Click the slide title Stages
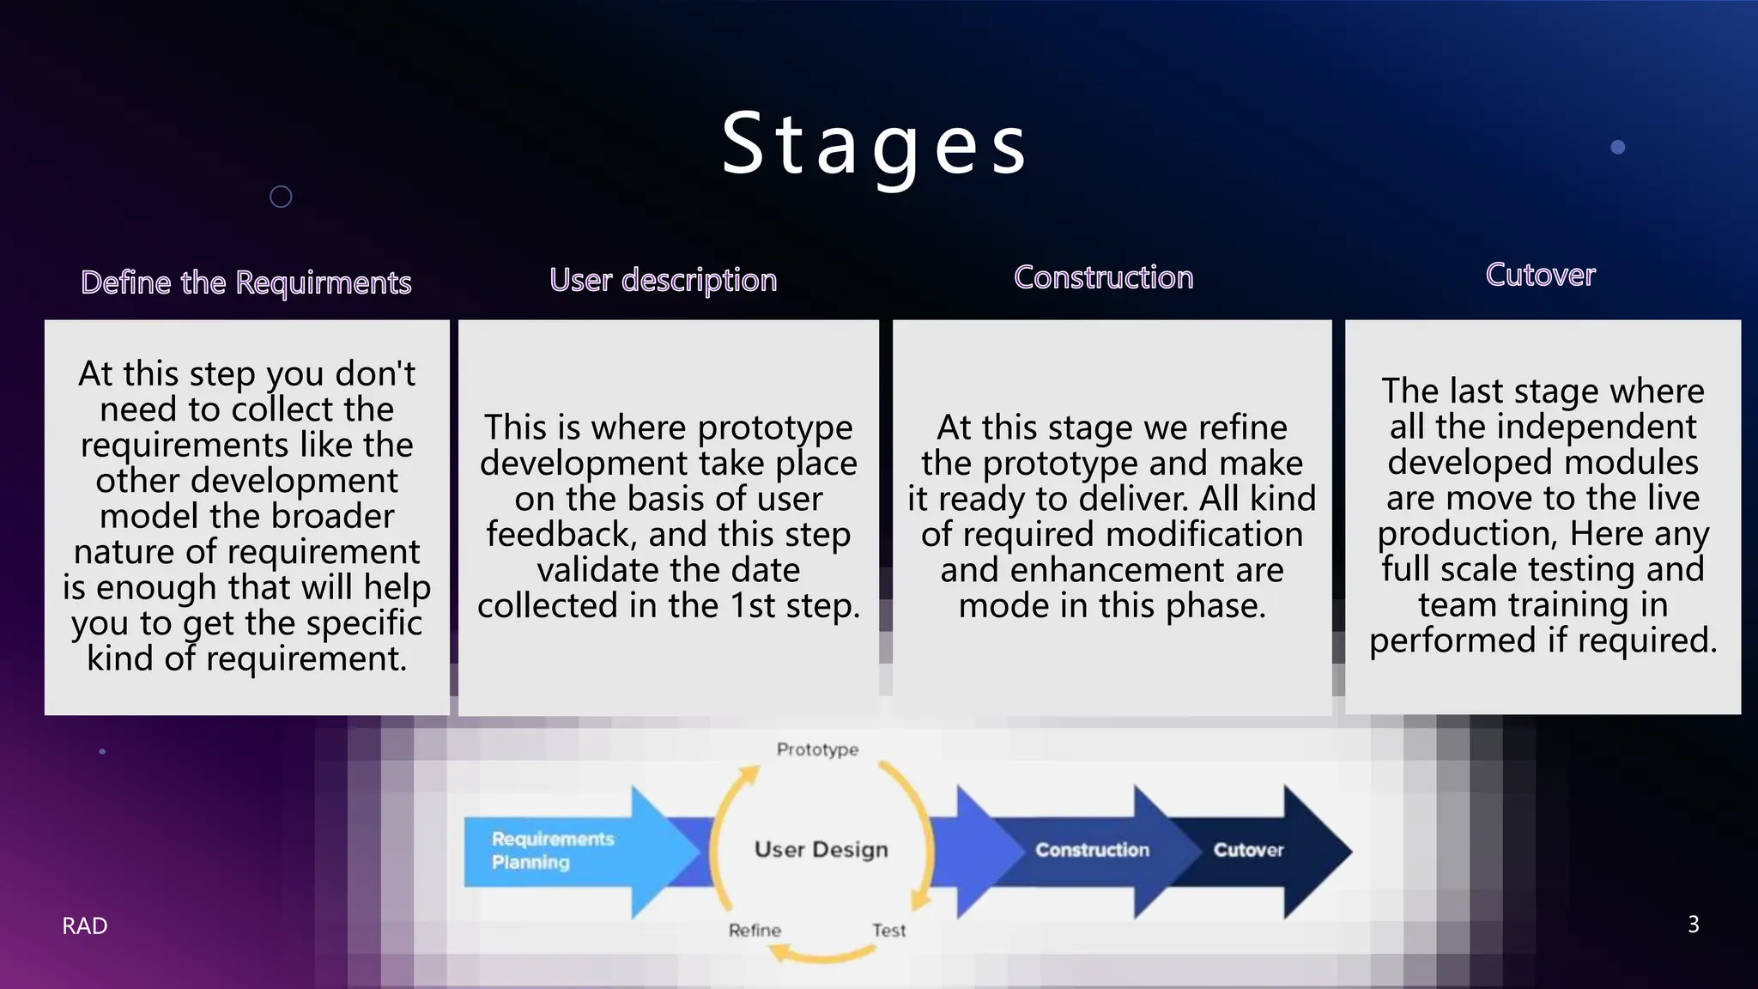click(x=874, y=144)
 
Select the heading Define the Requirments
click(x=246, y=282)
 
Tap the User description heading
click(x=663, y=280)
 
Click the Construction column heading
click(x=1103, y=277)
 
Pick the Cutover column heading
click(x=1540, y=275)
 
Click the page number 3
click(x=1693, y=925)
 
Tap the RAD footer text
click(x=85, y=925)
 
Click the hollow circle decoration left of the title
click(x=281, y=197)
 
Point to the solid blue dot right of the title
click(x=1618, y=147)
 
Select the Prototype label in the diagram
click(x=817, y=749)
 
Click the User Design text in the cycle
click(x=821, y=849)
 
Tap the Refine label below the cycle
click(x=755, y=931)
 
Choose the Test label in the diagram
click(x=888, y=931)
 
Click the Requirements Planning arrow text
click(x=552, y=850)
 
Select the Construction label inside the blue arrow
click(x=1092, y=850)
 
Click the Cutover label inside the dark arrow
click(x=1248, y=850)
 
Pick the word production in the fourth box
click(x=1466, y=534)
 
